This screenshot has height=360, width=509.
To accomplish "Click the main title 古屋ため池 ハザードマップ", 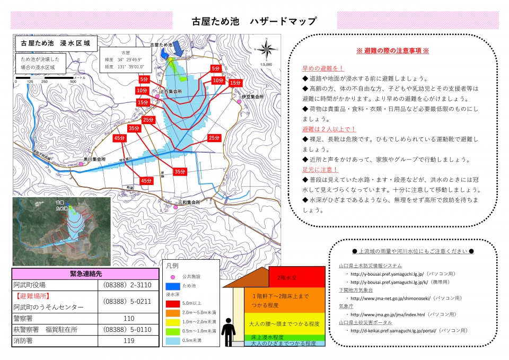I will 254,21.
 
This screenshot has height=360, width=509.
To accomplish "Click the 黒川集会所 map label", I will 94,159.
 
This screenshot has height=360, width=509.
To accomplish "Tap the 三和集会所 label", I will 189,203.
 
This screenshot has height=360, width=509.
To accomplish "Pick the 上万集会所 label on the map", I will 171,92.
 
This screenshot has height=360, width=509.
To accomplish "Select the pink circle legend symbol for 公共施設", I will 172,277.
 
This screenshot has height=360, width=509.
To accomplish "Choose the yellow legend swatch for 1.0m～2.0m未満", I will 172,322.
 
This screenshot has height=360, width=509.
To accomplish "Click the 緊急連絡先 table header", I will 85,274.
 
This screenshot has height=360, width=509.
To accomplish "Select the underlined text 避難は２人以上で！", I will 329,129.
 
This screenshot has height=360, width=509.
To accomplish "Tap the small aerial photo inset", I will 62,231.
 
